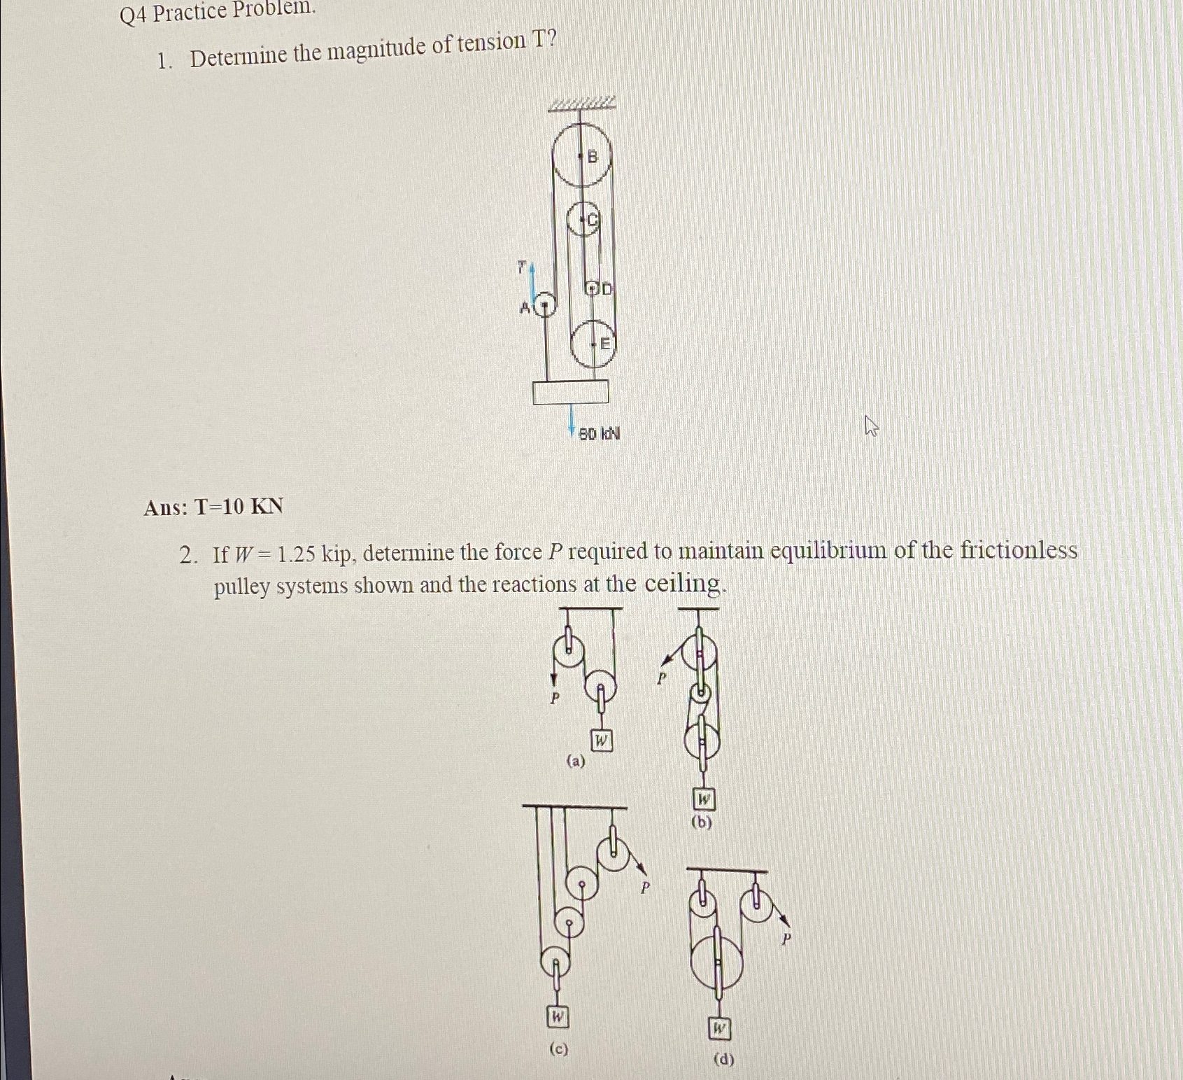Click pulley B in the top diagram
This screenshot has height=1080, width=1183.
[x=581, y=155]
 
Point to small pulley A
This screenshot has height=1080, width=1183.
[x=544, y=306]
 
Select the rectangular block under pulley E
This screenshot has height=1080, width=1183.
[x=570, y=392]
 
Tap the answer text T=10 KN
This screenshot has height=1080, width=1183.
[x=213, y=506]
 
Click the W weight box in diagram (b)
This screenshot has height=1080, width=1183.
[x=703, y=799]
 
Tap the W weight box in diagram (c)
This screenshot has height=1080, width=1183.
[x=557, y=1016]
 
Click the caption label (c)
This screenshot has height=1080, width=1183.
[x=558, y=1049]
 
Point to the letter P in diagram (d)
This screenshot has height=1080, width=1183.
[x=786, y=939]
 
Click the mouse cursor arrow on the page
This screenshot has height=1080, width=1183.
[x=871, y=425]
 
